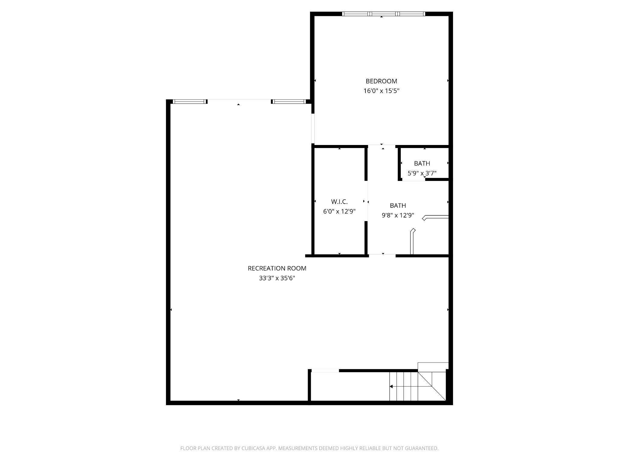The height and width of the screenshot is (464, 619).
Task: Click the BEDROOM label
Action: pyautogui.click(x=381, y=81)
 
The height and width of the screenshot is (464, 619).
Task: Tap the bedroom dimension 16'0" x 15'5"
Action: pyautogui.click(x=381, y=91)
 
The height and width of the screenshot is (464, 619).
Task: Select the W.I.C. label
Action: pyautogui.click(x=339, y=201)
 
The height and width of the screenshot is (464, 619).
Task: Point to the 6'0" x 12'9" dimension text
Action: pyautogui.click(x=339, y=211)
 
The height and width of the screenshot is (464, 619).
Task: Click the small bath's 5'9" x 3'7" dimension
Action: pyautogui.click(x=422, y=173)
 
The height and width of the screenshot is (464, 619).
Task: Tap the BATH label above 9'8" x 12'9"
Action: pyautogui.click(x=398, y=205)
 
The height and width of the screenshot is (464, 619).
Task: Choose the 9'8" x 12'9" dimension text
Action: pyautogui.click(x=398, y=215)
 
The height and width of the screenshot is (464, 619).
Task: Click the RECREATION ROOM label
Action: pyautogui.click(x=277, y=268)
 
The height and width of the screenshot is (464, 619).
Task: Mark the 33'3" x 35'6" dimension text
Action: pyautogui.click(x=277, y=278)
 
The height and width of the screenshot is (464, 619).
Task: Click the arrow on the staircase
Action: pyautogui.click(x=391, y=386)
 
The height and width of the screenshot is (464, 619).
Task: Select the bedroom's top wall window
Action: pyautogui.click(x=383, y=14)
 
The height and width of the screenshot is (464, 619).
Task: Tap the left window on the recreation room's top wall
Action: pyautogui.click(x=190, y=101)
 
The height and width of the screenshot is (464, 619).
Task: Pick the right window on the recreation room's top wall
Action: pyautogui.click(x=289, y=101)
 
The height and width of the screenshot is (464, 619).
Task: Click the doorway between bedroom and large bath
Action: pyautogui.click(x=382, y=146)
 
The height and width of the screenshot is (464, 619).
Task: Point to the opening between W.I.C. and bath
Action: pyautogui.click(x=366, y=201)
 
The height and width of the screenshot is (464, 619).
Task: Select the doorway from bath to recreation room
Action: pyautogui.click(x=382, y=256)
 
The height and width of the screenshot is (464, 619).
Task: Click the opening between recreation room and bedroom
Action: pyautogui.click(x=313, y=128)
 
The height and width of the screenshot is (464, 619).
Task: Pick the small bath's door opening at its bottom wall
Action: pyautogui.click(x=413, y=180)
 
